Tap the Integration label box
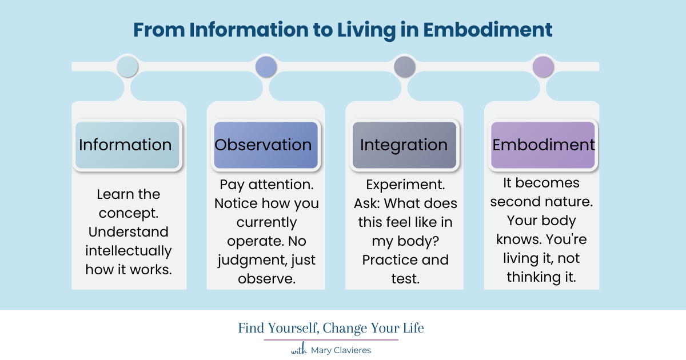click(x=404, y=145)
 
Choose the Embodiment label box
click(x=543, y=145)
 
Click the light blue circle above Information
click(x=127, y=67)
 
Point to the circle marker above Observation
click(x=266, y=67)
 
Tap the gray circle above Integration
click(x=405, y=67)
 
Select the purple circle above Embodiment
click(x=543, y=67)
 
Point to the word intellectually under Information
click(x=129, y=251)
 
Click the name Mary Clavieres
click(x=341, y=350)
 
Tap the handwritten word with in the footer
click(x=299, y=350)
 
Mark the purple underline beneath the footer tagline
click(x=331, y=340)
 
